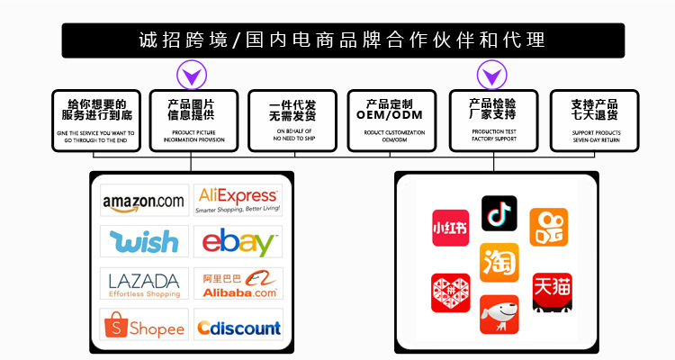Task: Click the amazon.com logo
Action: [144, 201]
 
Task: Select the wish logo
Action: [144, 241]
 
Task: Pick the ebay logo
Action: [238, 242]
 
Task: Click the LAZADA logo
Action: [144, 283]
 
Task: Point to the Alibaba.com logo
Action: [238, 283]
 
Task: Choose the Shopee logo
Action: [144, 326]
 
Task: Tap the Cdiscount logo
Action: [238, 326]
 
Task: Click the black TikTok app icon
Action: [499, 213]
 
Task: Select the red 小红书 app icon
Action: [451, 228]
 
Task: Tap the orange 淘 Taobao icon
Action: [499, 262]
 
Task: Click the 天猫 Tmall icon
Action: [552, 292]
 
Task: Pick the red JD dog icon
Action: [499, 313]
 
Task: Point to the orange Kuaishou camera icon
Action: [548, 227]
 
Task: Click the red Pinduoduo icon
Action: [451, 292]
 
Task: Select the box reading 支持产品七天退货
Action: [594, 120]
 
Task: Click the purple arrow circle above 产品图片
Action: [191, 73]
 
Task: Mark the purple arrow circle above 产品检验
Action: [491, 73]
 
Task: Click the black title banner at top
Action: [342, 40]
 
